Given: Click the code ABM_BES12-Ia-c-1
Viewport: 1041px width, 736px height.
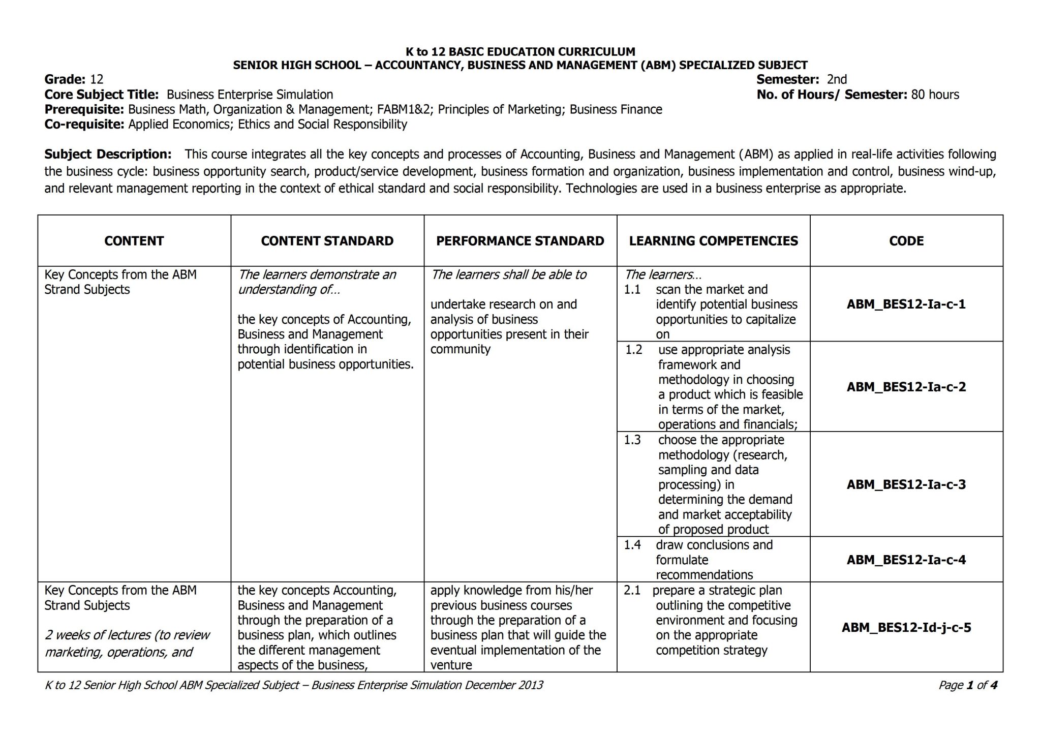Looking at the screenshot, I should click(x=906, y=304).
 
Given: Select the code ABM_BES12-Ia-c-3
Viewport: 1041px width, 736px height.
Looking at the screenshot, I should click(x=906, y=484).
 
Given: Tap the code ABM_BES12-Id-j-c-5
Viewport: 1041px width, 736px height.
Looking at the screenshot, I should click(x=906, y=627).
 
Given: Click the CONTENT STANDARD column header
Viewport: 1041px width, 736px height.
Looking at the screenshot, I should click(x=327, y=241).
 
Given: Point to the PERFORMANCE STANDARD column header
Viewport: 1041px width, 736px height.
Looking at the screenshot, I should click(x=520, y=241).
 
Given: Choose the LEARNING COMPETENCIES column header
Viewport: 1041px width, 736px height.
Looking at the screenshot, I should click(x=713, y=241).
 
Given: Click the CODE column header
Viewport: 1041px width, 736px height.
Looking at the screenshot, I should click(x=906, y=241).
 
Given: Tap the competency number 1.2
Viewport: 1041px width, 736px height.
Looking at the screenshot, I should click(x=633, y=350).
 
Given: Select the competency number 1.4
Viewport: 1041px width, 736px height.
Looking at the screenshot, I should click(x=632, y=545).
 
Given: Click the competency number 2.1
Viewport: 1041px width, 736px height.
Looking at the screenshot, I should click(x=632, y=591).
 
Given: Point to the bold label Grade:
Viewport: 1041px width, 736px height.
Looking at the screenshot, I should click(x=65, y=79).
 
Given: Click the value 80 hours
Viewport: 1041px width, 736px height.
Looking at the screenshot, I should click(x=935, y=95).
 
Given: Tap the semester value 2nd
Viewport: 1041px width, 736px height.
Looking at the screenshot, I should click(x=837, y=79).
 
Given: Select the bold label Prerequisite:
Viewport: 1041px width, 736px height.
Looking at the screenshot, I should click(x=84, y=109).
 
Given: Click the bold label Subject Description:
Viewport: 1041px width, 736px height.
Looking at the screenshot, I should click(x=108, y=154).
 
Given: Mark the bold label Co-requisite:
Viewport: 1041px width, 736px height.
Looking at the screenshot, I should click(x=84, y=125).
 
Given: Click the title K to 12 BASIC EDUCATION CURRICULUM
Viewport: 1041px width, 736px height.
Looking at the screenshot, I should click(x=520, y=51).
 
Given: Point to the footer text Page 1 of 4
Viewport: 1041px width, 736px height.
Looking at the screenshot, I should click(x=967, y=685).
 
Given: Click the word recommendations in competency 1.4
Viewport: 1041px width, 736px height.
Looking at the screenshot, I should click(x=704, y=575).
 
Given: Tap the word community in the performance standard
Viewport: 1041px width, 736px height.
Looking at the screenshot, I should click(x=460, y=349).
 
